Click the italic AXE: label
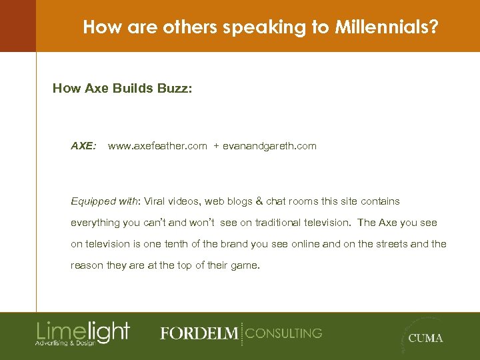(83, 145)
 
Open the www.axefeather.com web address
(157, 145)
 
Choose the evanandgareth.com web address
(269, 145)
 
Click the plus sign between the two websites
(216, 145)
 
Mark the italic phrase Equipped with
(101, 201)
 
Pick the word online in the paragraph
(304, 244)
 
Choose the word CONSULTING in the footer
(283, 333)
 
